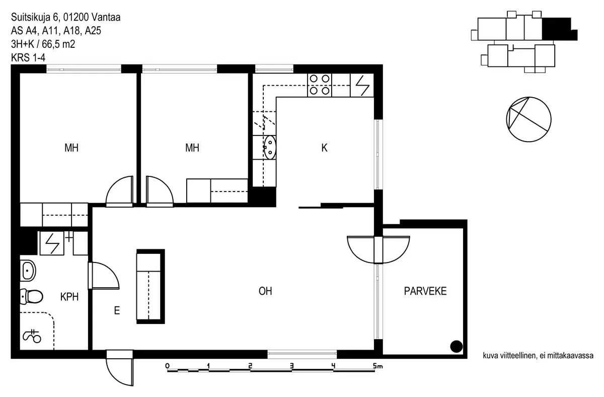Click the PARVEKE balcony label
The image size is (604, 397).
coord(425,291)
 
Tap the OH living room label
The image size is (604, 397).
coord(265,291)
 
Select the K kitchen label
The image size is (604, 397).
coord(325,148)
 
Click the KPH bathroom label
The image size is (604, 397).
coord(69,297)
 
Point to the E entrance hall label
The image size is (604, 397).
coord(117,311)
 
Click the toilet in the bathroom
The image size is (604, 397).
coord(31,296)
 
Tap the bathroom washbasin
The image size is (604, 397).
coord(27,271)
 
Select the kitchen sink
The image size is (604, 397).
coord(270,147)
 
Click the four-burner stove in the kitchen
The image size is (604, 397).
coord(320,85)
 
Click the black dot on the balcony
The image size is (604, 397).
coord(456,346)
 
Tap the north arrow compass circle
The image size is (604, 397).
coord(527,118)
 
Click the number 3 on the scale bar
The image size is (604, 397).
coord(291,365)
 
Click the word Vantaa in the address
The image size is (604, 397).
coord(106,18)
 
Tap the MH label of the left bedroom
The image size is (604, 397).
coord(71,148)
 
